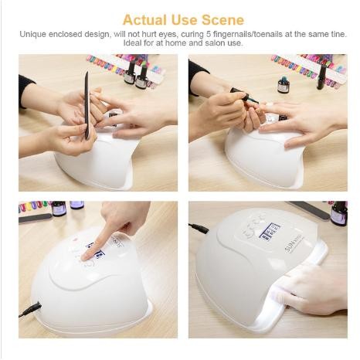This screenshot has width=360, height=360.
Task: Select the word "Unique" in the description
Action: [x=36, y=35]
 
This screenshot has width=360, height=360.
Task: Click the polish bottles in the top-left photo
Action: [x=135, y=73]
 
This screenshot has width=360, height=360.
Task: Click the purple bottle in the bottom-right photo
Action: [x=338, y=213]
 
